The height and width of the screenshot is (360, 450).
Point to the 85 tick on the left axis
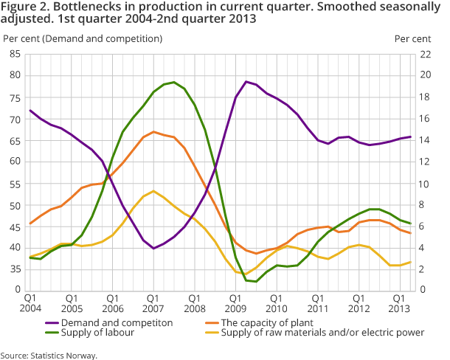(14, 54)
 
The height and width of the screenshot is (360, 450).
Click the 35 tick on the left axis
(14, 269)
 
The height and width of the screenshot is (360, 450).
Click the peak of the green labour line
(173, 82)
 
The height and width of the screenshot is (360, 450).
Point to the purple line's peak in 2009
(246, 81)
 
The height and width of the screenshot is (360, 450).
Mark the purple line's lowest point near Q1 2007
(153, 249)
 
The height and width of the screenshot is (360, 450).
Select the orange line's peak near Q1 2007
(153, 132)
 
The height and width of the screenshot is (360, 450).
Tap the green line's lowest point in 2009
(255, 282)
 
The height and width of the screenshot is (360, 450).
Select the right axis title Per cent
(412, 37)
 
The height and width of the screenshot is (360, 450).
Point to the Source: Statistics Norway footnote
(49, 355)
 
